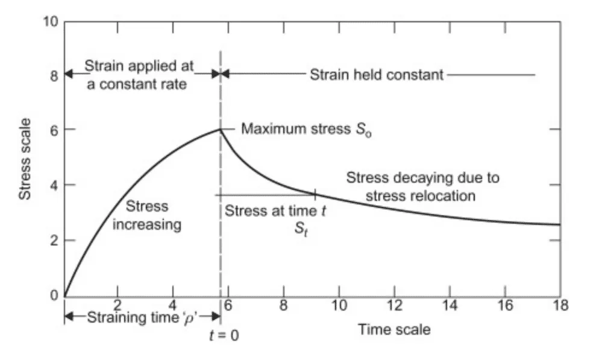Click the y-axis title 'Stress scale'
point(25,159)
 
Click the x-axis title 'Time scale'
point(394,329)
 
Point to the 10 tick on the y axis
point(50,22)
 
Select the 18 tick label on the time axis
point(560,305)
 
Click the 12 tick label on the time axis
point(394,305)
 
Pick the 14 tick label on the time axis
point(450,305)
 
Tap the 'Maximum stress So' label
point(306,129)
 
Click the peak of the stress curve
point(221,128)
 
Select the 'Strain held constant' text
point(377,75)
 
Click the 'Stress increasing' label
point(148,216)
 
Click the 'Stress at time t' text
point(271,211)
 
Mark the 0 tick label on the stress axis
point(53,295)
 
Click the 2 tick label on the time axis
point(118,305)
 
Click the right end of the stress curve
point(560,224)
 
